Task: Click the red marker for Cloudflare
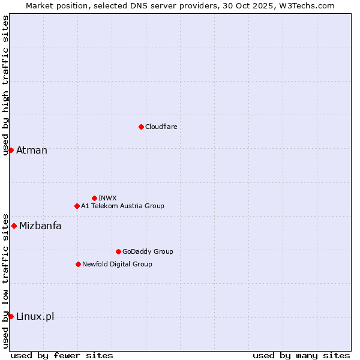[141, 127]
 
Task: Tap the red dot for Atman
[11, 150]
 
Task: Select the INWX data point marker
[94, 198]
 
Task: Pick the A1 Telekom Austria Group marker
[77, 206]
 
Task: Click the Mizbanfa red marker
[14, 226]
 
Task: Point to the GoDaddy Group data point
[118, 251]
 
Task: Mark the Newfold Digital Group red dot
[78, 264]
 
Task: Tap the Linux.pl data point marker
[11, 316]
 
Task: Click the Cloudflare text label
[161, 127]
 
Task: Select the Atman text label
[32, 150]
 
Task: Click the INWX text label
[107, 198]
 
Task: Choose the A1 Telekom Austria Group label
[122, 206]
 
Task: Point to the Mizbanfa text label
[40, 226]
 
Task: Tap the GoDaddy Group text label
[148, 251]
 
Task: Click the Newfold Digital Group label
[117, 264]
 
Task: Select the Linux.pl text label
[35, 316]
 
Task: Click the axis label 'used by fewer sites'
[62, 355]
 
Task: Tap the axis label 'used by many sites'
[301, 355]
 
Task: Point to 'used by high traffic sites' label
[5, 85]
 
